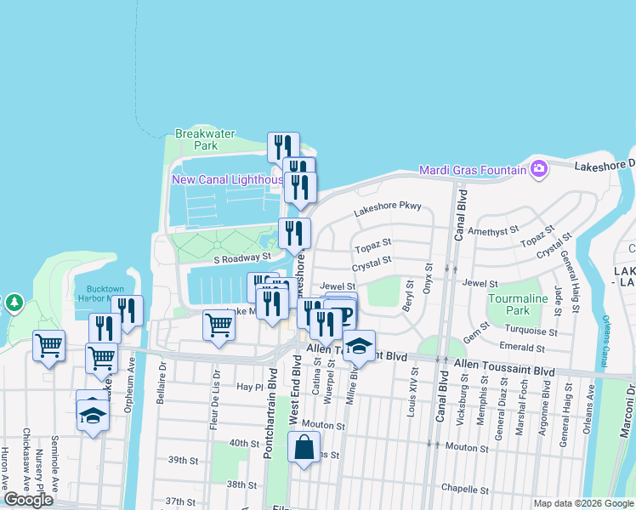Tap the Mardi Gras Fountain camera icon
tap(538, 170)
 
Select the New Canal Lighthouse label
tap(228, 179)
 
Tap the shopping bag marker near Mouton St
tap(304, 447)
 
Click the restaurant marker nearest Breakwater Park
tap(283, 147)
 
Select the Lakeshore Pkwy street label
tap(388, 206)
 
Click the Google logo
tap(28, 500)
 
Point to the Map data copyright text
tap(582, 503)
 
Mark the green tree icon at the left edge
tap(14, 303)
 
